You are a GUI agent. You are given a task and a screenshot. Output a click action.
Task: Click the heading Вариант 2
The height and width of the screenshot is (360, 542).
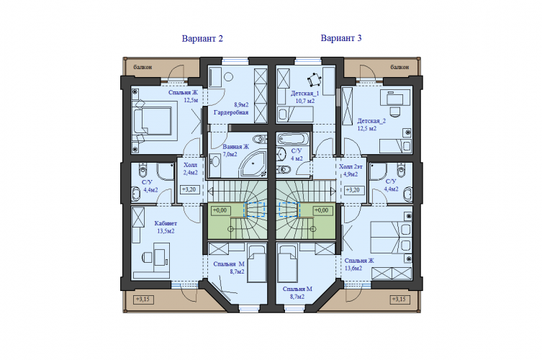coord(202,38)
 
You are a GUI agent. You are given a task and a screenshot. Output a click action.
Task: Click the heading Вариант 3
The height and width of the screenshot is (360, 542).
coord(341,38)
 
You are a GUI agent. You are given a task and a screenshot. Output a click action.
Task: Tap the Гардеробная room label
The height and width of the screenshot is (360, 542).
coord(231,112)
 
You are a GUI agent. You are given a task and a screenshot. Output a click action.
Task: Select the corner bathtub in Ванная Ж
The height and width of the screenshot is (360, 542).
coord(253,164)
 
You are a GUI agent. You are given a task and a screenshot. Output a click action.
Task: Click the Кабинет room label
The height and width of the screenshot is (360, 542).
coord(166,223)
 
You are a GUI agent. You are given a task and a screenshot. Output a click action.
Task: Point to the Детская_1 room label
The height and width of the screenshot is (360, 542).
coord(305,94)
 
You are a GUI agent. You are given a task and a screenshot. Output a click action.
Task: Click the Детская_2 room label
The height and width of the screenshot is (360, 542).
coord(371,121)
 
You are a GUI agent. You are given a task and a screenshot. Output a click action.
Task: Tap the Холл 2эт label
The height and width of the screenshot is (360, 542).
coord(351,167)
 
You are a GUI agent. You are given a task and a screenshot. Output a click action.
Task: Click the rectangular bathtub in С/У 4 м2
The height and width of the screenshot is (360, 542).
coord(293,140)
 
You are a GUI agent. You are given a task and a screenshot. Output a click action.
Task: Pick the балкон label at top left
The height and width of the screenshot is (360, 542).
coord(143,67)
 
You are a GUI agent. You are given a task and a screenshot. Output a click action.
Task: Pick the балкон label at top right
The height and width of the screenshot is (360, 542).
coord(399,67)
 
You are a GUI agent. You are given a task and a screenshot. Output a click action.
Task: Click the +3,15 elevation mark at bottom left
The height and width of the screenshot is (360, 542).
coord(143,299)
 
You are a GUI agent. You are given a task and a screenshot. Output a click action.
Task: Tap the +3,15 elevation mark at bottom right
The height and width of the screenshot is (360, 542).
coord(399,299)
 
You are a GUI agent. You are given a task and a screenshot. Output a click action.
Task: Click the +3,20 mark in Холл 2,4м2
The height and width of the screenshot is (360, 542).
coord(189,189)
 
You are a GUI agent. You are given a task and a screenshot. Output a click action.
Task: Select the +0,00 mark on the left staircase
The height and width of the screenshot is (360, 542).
coord(220,210)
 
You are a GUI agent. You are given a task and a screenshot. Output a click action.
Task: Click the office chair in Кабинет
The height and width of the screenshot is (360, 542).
coord(148,257)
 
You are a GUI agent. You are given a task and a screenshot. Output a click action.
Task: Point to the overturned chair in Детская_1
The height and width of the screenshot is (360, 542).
coord(315,80)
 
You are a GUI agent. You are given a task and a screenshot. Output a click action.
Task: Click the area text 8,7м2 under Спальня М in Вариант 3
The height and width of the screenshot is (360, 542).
coord(297,297)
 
